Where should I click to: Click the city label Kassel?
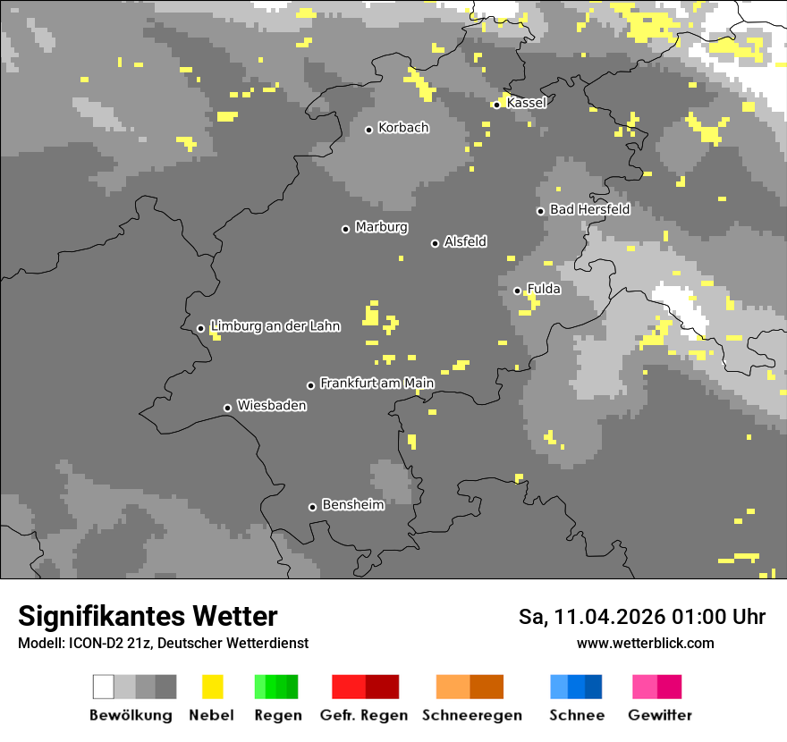coord(526,103)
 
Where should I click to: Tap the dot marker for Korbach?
coord(368,130)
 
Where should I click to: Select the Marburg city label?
coord(381,227)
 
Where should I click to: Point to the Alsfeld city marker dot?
coord(435,243)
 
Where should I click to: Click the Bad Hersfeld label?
coord(589,209)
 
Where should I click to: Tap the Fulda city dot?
coord(517,291)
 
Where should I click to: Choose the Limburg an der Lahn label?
coord(275,326)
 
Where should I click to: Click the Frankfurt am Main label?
coord(377,384)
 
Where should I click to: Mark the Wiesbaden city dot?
coord(227,408)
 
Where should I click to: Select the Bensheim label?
coord(352,505)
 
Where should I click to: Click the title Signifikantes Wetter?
coord(148,616)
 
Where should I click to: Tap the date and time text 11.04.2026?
coord(641,617)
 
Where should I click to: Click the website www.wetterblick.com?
coord(645,643)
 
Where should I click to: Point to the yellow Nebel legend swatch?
coord(212,687)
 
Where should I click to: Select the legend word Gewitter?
coord(660,715)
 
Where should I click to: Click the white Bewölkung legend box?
coord(104,687)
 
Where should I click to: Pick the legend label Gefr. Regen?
coord(364,715)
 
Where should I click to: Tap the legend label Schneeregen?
coord(471,715)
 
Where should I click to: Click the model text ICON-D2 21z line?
coord(163,643)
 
